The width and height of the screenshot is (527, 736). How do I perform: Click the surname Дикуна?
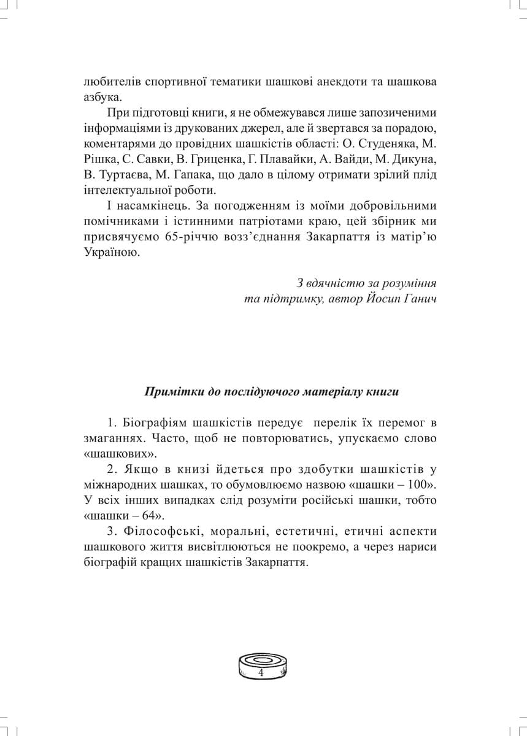click(416, 161)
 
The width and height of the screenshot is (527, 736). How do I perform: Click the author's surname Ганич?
click(420, 300)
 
